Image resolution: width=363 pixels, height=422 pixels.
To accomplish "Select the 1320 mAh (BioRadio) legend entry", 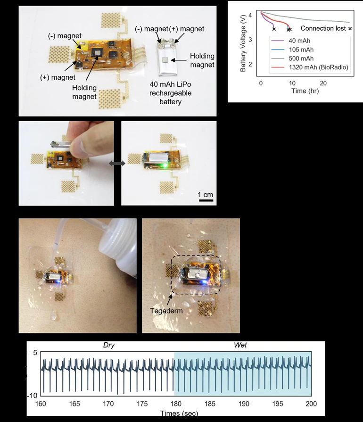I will pos(319,67).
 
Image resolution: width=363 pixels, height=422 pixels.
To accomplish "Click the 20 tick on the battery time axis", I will pos(323,83).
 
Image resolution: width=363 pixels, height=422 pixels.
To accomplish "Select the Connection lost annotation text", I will pos(323,29).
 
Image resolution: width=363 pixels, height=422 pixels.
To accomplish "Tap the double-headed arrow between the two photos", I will pos(117,163).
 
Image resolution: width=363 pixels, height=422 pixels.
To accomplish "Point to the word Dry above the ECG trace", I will pos(109,345).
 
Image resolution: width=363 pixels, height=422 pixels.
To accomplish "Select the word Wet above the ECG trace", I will pos(240,345).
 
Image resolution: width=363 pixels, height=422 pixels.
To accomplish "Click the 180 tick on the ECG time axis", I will pos(175,404).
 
